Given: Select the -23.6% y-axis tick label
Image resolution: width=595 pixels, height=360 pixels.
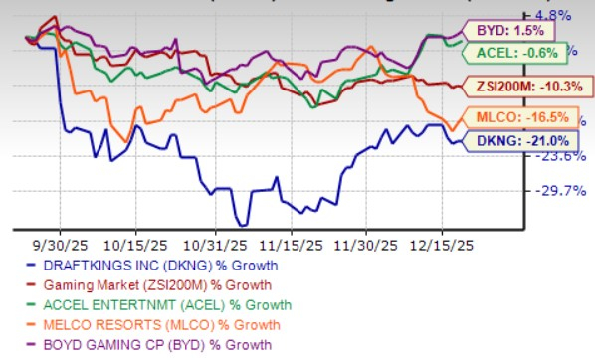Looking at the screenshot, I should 550,156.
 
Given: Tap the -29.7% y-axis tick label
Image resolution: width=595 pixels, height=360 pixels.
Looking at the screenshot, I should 550,191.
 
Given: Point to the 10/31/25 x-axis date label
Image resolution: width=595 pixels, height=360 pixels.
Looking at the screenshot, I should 216,242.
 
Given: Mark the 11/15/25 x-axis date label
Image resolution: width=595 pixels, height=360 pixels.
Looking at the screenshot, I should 292,242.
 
